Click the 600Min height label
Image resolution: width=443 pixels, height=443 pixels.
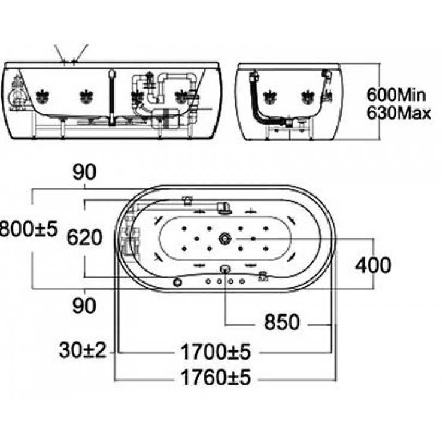point(398,94)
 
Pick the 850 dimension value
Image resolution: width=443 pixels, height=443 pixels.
point(281,323)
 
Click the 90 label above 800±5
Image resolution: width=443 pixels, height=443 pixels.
point(84,172)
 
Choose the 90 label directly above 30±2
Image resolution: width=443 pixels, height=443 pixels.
point(84,305)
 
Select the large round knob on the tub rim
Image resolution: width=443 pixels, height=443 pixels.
point(178,281)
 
